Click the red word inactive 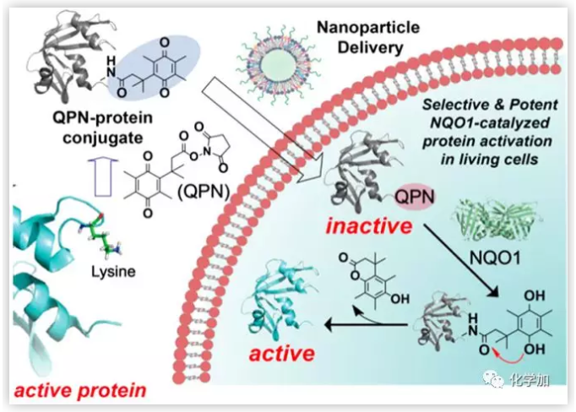(372, 226)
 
